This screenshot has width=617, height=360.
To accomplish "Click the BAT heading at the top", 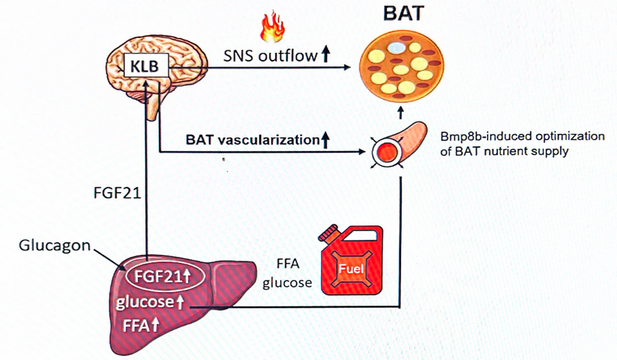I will pos(400,14).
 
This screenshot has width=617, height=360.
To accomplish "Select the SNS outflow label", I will pos(270,56).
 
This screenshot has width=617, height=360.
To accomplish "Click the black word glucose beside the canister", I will pos(287,282).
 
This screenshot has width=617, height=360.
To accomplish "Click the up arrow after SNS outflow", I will pos(326,56).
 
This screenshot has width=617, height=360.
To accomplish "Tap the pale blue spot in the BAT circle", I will pos(398,49).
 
